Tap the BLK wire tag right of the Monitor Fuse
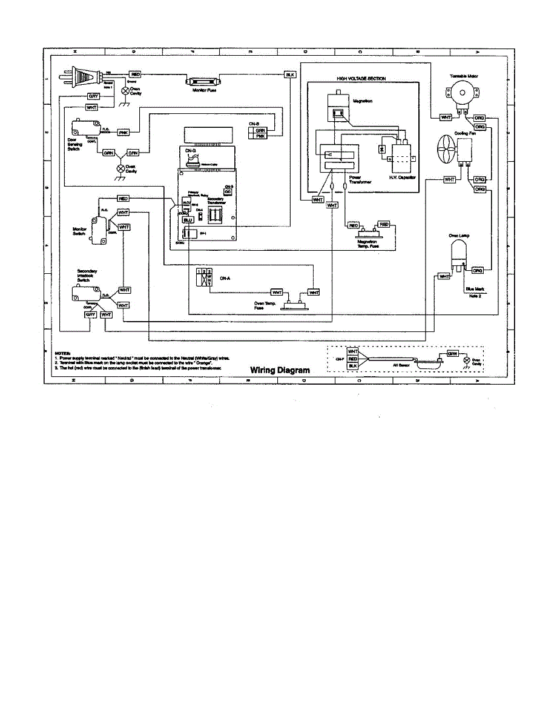point(290,75)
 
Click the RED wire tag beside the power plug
point(136,74)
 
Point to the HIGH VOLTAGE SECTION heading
point(361,79)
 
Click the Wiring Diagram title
point(280,370)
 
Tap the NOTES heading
point(63,352)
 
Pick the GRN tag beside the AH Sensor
point(452,353)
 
